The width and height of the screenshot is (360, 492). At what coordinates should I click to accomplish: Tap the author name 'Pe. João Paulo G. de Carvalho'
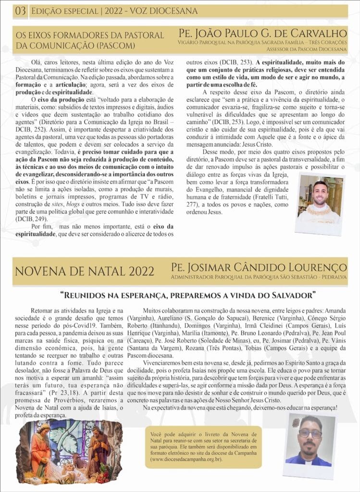tap(262, 33)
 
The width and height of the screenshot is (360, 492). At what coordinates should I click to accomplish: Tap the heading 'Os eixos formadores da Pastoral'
tap(89, 35)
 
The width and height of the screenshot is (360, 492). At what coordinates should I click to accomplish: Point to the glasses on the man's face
tap(310, 433)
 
